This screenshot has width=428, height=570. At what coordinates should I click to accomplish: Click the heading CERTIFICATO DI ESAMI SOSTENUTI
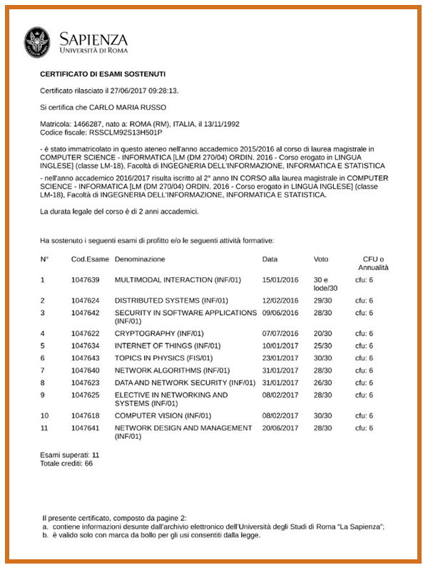tap(103, 73)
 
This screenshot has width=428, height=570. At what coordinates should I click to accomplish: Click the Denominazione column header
tap(140, 259)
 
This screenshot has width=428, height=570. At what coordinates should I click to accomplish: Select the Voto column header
tap(321, 259)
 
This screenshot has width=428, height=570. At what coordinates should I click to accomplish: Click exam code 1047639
tap(86, 279)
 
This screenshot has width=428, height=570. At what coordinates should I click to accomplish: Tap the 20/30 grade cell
tap(322, 333)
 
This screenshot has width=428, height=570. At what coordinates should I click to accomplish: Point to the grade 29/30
tap(322, 300)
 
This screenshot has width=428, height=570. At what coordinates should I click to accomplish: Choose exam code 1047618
tap(86, 415)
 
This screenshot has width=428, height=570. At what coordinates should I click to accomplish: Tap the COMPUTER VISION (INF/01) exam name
tap(163, 415)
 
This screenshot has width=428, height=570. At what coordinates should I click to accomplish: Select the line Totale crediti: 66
tap(66, 463)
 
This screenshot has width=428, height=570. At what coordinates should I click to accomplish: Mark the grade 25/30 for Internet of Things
tap(322, 346)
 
